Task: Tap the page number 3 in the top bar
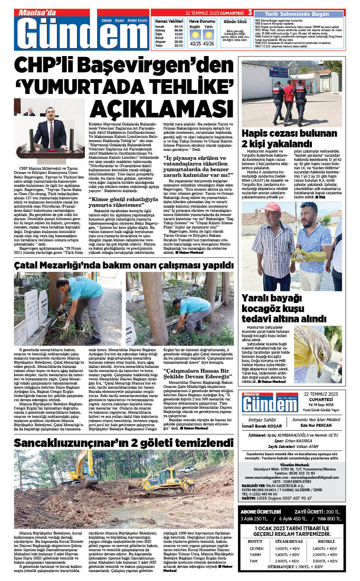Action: click(250, 13)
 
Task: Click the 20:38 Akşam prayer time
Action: click(178, 42)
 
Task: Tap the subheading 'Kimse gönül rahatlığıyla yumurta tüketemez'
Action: click(123, 202)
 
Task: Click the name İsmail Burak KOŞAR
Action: click(262, 426)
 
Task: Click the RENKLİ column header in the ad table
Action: click(326, 542)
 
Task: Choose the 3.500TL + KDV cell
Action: click(325, 561)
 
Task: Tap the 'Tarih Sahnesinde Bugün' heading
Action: click(297, 14)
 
